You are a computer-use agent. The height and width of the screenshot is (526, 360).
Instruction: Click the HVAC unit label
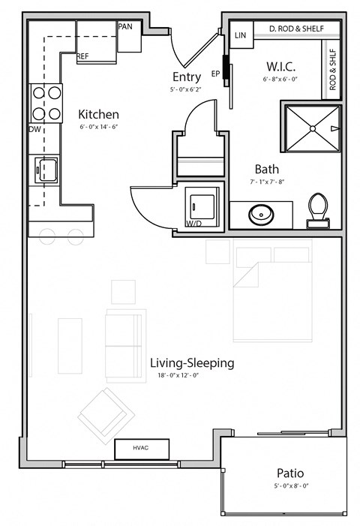pos(141,448)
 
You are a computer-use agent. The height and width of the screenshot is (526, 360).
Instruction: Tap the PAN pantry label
pos(125,26)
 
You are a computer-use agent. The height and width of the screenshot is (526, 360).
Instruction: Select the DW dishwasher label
pos(34,129)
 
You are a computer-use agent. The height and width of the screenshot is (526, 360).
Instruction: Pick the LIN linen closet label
pos(241,35)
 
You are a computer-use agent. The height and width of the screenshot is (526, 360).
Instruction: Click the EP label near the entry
pos(216,74)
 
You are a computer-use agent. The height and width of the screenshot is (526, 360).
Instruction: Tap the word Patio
pos(289,473)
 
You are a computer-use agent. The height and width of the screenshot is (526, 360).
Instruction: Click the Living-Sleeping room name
pos(191,362)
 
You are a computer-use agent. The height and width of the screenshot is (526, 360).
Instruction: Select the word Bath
pos(266,169)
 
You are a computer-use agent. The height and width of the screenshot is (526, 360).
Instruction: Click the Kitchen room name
pos(98,114)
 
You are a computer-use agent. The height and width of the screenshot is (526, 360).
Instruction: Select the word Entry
pos(187,77)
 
